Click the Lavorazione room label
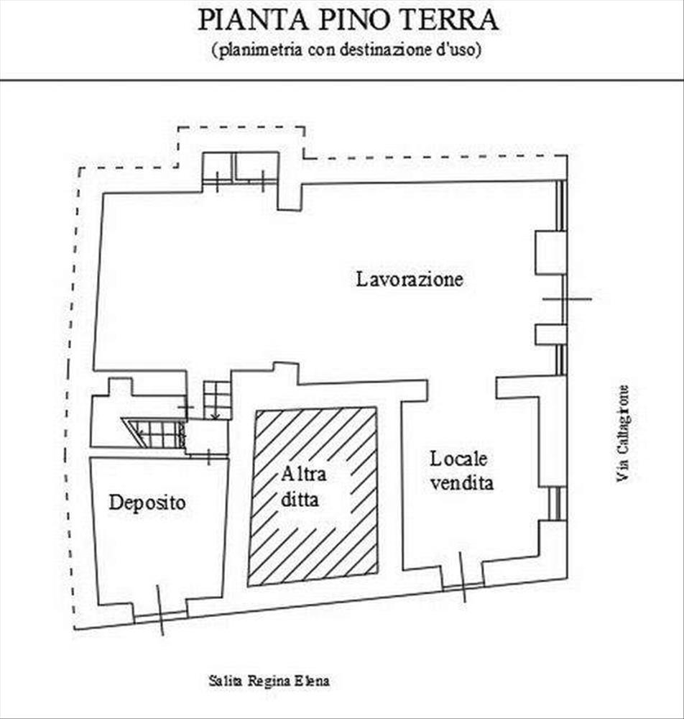(410, 279)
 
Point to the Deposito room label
(147, 503)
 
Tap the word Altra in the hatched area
(303, 474)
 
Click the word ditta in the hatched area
(300, 498)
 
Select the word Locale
(458, 459)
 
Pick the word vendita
(462, 483)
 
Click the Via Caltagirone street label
(623, 434)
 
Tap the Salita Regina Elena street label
(269, 680)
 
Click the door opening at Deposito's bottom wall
(161, 615)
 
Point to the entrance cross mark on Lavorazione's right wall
(567, 299)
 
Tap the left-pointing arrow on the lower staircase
(147, 432)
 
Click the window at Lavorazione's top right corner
(561, 206)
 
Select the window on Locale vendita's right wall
(555, 503)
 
